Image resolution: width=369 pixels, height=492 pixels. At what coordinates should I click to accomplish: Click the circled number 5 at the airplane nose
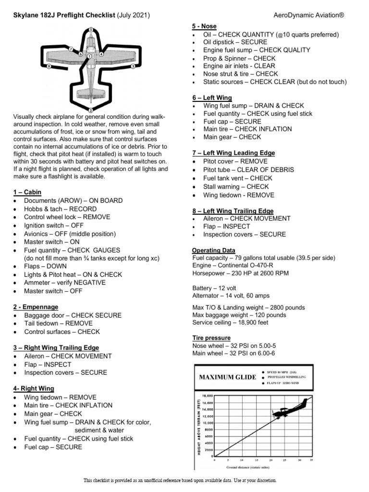91,30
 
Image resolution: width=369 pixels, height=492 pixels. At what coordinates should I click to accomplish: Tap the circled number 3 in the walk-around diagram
133,67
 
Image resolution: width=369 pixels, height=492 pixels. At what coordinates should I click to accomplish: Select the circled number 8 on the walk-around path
49,67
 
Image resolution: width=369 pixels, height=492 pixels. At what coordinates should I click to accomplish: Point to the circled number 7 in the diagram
71,49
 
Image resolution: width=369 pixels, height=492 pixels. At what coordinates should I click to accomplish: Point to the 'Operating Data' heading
213,250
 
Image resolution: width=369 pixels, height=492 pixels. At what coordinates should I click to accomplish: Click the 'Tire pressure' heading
211,338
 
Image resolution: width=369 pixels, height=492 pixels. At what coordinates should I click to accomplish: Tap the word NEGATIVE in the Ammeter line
89,283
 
